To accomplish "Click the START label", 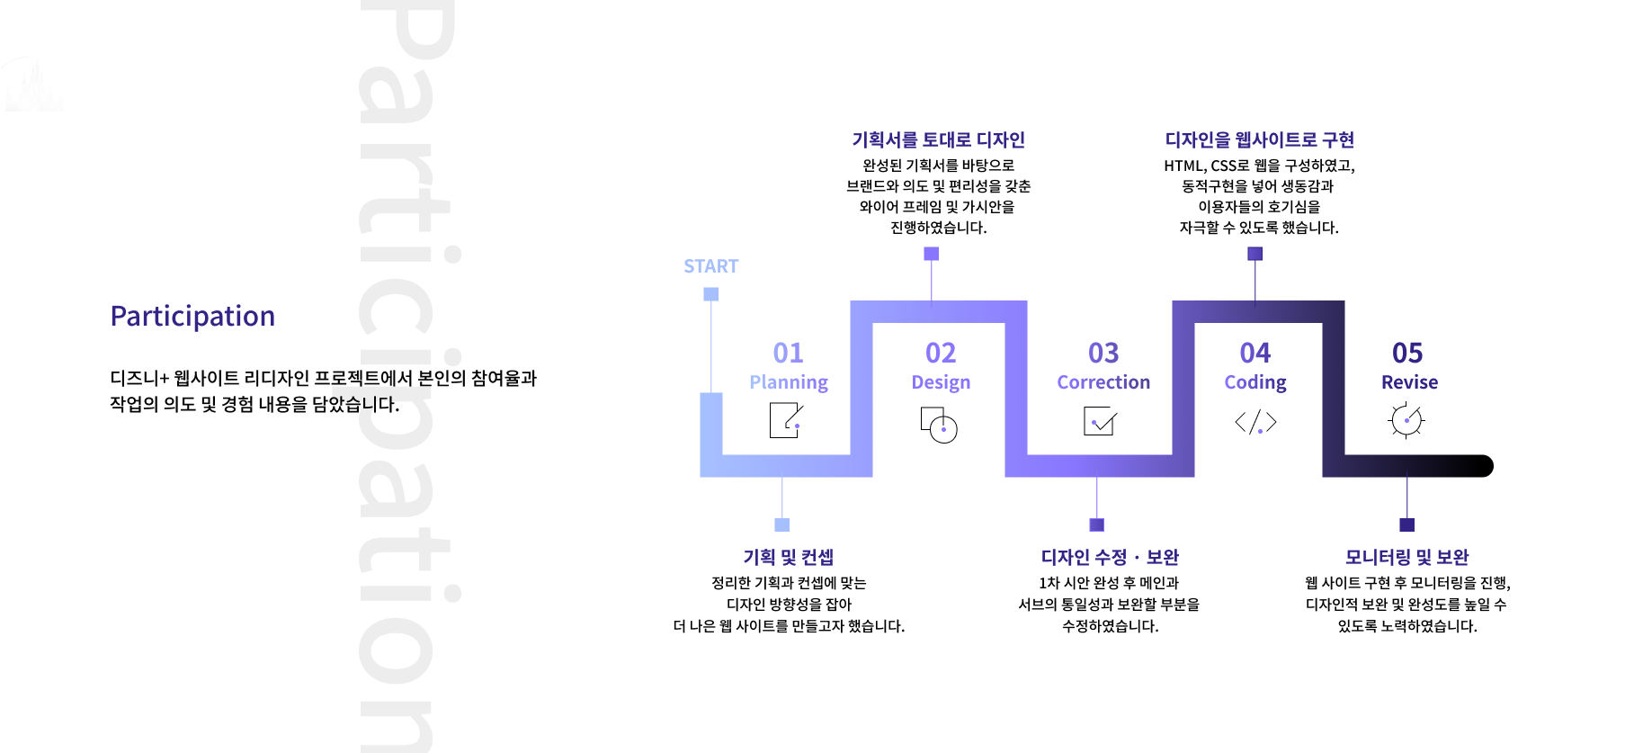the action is click(710, 266).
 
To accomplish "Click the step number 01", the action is click(788, 353).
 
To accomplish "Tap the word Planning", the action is click(789, 382).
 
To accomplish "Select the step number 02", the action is click(941, 353).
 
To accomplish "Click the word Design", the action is click(941, 382).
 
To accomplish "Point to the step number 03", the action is click(1103, 353).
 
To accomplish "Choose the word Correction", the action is click(1103, 382).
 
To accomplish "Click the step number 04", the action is click(1255, 353).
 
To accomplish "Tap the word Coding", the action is click(1255, 382).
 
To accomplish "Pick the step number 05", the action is click(1407, 353).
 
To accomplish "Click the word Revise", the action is click(1409, 382).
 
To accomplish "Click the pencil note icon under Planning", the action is click(786, 420).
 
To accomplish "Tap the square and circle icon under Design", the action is click(939, 424).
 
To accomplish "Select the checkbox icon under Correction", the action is click(1100, 421).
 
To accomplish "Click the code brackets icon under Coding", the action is click(1255, 422).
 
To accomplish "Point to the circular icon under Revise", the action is click(1406, 420).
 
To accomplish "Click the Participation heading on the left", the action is click(192, 317).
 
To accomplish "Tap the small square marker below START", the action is click(710, 294).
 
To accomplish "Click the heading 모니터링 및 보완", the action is click(1406, 558).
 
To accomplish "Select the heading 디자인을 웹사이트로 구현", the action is click(1259, 140).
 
